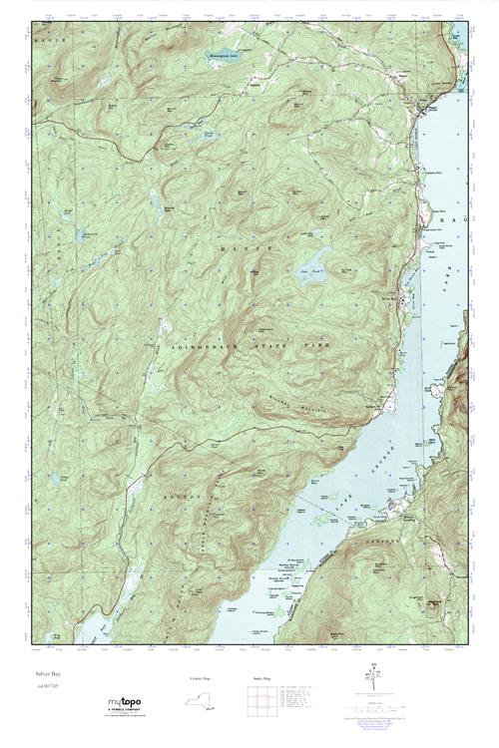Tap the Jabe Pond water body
tap(316, 275)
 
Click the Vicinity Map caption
tap(201, 678)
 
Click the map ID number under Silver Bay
tap(46, 687)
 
